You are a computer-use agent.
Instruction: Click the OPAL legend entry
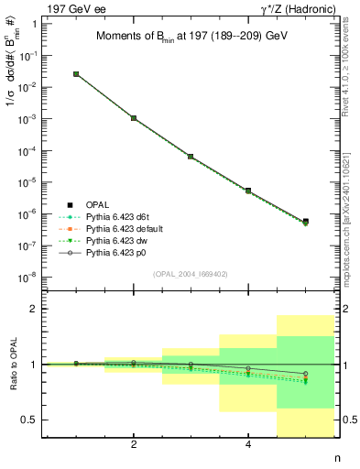(96, 204)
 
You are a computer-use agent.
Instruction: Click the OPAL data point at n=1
(76, 74)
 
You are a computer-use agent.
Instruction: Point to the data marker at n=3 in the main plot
(191, 157)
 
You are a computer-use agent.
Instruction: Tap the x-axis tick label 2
(134, 445)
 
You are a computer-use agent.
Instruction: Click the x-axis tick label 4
(248, 445)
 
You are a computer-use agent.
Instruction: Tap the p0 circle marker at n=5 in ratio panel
(305, 374)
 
